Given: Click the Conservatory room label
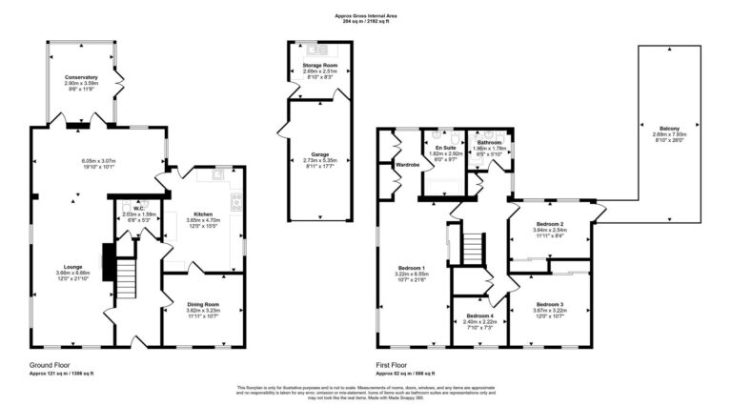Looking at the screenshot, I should click(x=81, y=76).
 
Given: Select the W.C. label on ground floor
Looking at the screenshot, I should click(x=139, y=208).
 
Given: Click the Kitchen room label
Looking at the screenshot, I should click(x=203, y=214).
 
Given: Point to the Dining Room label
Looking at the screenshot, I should click(x=203, y=304).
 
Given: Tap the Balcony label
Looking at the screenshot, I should click(x=669, y=128).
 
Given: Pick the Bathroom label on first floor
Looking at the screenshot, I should click(x=489, y=142).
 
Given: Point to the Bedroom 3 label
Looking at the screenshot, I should click(x=549, y=304).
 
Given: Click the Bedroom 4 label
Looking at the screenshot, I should click(x=479, y=315).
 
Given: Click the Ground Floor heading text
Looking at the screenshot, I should click(x=52, y=364).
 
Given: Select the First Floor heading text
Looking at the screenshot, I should click(x=392, y=364).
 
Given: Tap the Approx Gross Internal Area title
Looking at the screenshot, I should click(x=366, y=15).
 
